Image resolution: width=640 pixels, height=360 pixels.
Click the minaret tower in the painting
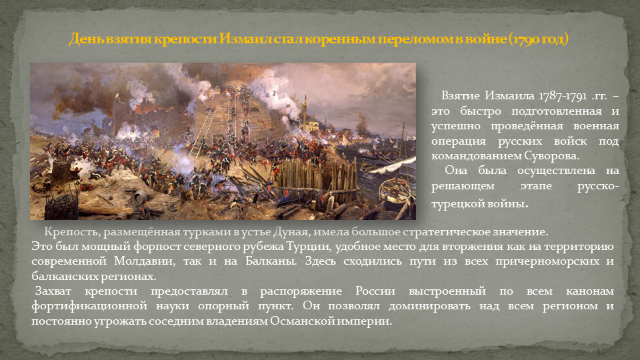tap(305, 112)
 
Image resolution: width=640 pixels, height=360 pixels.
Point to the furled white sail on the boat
tap(393, 166)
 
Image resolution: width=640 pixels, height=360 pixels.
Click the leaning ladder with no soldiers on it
tap(203, 131)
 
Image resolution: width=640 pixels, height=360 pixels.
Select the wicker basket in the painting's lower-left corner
tap(61, 206)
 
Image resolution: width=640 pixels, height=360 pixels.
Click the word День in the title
tap(86, 39)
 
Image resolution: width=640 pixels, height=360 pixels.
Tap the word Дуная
tap(290, 232)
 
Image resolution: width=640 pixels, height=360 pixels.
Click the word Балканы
tap(271, 261)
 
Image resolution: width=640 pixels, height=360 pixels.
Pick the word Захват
tap(53, 291)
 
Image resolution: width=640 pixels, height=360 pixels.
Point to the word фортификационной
tap(89, 306)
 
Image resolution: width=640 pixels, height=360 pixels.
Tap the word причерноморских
tap(546, 261)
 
